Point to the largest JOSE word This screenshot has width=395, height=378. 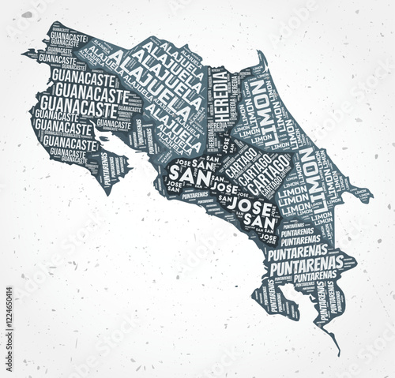[x=254, y=208]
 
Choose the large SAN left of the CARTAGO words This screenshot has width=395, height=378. [x=183, y=173]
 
